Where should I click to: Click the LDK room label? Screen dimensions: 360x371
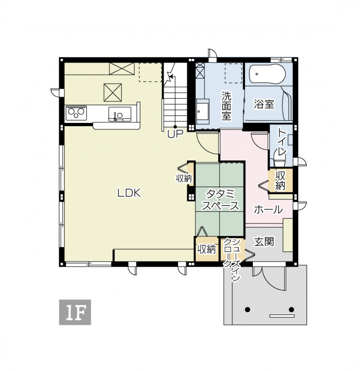click(x=129, y=193)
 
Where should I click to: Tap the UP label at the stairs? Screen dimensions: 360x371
click(x=175, y=134)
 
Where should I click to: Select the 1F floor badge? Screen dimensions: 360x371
click(x=75, y=312)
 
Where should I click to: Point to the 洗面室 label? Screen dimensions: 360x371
click(x=226, y=106)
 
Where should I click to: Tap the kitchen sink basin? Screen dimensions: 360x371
click(x=120, y=114)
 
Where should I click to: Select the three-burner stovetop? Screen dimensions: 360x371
click(x=76, y=113)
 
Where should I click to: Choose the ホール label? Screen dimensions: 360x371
click(x=269, y=210)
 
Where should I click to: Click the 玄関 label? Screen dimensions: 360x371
click(x=264, y=242)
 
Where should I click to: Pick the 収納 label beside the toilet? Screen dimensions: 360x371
click(x=280, y=181)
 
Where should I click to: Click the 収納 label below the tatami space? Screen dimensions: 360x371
click(x=206, y=249)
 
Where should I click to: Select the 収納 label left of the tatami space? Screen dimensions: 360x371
click(x=184, y=178)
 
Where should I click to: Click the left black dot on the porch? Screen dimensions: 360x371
click(x=248, y=309)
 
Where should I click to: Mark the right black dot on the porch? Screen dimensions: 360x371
click(x=291, y=309)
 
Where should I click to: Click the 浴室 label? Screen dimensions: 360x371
click(x=264, y=104)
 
